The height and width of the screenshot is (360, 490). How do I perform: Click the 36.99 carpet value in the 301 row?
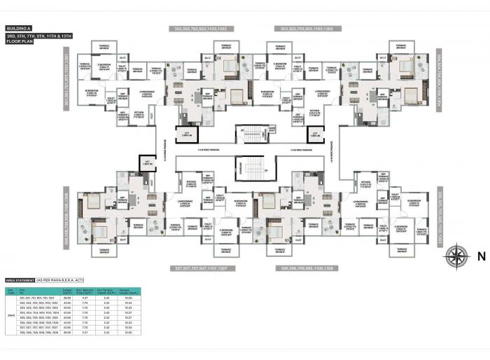pyautogui.click(x=66, y=297)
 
